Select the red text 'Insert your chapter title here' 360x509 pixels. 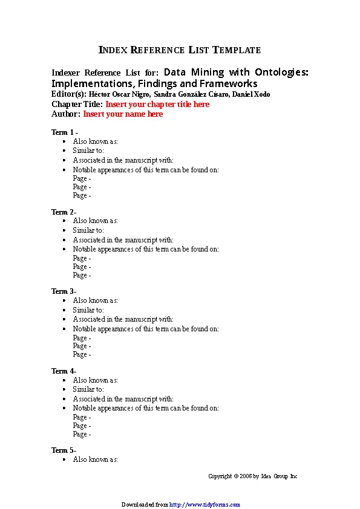(157, 104)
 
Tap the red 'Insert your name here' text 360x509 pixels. (123, 114)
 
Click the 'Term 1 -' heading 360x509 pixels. (64, 132)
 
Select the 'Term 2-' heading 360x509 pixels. (64, 212)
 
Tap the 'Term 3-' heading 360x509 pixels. (64, 291)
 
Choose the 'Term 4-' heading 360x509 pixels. (64, 371)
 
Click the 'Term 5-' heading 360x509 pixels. (64, 450)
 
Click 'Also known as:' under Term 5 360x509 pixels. (95, 459)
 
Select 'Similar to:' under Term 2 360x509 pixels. (88, 230)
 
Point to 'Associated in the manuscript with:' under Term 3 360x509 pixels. (123, 319)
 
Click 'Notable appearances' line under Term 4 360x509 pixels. (145, 408)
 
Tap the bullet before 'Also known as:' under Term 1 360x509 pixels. (64, 141)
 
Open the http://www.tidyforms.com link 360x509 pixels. (205, 504)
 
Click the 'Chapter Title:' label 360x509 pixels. (77, 104)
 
